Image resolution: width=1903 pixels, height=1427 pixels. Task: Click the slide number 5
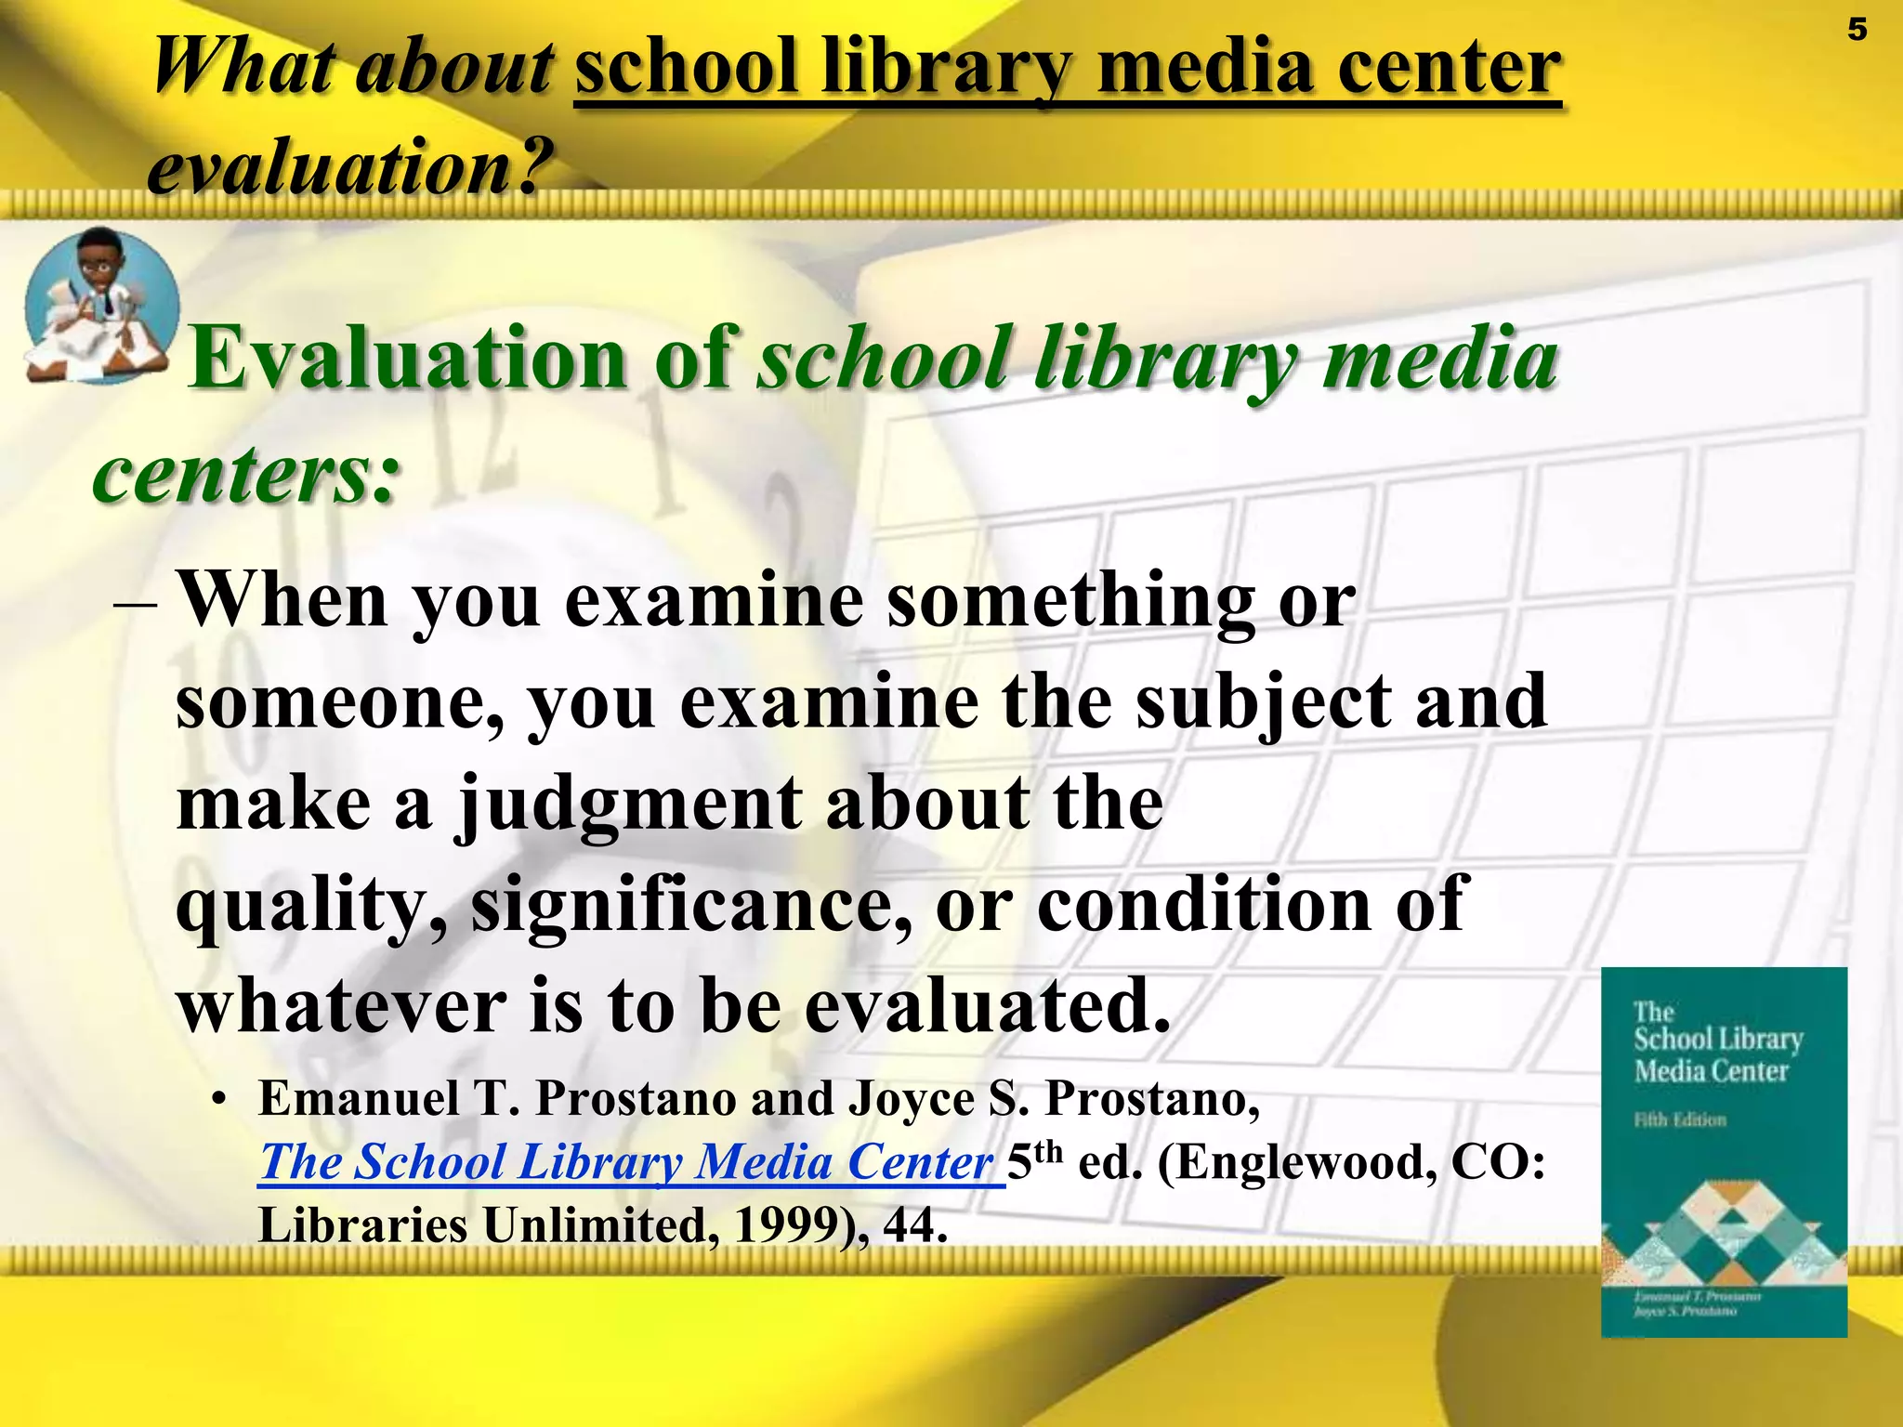coord(1857,31)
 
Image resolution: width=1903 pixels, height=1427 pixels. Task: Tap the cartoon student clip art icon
coord(100,305)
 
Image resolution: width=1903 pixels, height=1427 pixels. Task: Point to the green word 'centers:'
coord(246,475)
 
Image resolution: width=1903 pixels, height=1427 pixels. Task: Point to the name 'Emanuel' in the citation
coord(358,1099)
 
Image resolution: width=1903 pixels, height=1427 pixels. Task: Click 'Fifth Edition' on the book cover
coord(1680,1119)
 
